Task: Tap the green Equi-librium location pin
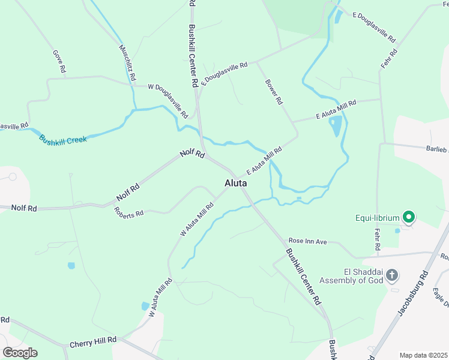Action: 409,217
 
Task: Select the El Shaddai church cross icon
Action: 391,275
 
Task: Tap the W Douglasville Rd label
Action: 168,100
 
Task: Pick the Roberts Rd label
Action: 129,212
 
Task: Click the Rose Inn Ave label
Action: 307,241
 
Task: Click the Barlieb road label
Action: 436,149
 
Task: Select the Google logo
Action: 20,353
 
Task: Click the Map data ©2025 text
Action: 423,355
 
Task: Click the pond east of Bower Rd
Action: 336,127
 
